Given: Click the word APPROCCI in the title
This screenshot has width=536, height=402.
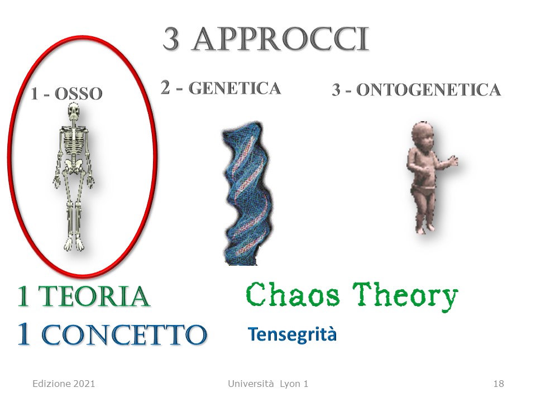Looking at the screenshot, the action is coord(281,39).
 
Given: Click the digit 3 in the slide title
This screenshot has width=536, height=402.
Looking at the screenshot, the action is coord(171,39).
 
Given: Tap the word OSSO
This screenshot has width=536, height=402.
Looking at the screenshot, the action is coord(79,94).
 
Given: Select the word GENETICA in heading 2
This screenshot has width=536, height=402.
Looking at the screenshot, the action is coord(234,88).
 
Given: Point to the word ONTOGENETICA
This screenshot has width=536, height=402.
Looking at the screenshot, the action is coord(428,90).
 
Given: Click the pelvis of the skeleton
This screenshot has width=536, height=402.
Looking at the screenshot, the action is coord(73,164).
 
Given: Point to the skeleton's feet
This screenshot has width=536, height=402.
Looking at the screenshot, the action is coord(74,244).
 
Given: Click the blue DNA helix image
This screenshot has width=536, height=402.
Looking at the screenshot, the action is coord(247,193).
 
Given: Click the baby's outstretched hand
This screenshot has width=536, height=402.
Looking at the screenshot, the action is coord(453,160).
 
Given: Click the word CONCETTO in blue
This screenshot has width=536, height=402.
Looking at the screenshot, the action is coord(124,334).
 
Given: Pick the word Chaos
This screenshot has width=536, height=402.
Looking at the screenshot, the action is coord(293,295).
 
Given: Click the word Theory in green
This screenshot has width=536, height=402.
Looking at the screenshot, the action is coord(405,296).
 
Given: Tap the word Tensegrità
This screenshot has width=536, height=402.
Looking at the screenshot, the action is coord(292,334).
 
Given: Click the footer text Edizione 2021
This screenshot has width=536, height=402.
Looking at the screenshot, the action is coord(64,384).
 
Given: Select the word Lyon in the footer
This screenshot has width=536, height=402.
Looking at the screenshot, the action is coord(290,384).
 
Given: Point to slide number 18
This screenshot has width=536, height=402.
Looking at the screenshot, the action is coord(499,384).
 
